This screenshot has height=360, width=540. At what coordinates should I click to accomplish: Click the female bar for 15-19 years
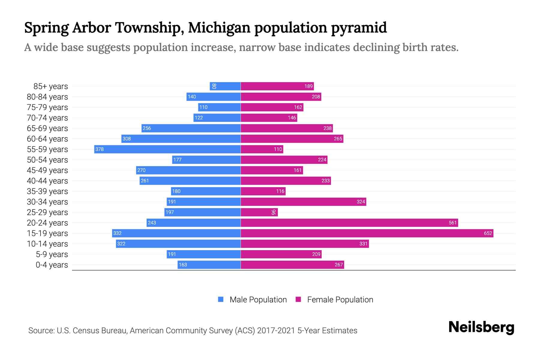pos(367,233)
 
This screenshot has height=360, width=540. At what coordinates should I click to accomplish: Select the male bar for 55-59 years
pos(167,149)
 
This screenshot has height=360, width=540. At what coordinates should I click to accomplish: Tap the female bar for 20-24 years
pos(349,223)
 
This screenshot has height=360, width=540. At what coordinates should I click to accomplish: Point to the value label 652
pos(488,233)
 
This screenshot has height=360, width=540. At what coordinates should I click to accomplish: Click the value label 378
pos(100,149)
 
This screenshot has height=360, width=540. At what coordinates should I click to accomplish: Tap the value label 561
pos(452,223)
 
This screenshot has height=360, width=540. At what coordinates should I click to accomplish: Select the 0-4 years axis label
pos(52,265)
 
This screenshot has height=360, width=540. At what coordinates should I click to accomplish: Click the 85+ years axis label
pos(51,86)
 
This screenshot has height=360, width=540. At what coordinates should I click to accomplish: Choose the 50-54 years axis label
pos(47,160)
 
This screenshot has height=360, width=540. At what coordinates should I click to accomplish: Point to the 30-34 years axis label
pos(47,202)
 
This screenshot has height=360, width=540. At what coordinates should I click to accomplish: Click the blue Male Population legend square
pos(221,299)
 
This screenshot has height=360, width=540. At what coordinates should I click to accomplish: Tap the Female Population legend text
pos(340,300)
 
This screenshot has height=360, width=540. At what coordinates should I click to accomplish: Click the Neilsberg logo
pos(481,327)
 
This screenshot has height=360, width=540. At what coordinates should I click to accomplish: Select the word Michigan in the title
pos(219,28)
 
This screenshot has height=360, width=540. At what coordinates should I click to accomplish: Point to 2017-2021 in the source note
pos(276,331)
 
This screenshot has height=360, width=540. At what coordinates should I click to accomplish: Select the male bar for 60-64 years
pos(181,139)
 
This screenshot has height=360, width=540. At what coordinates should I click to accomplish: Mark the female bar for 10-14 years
pos(304,244)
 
